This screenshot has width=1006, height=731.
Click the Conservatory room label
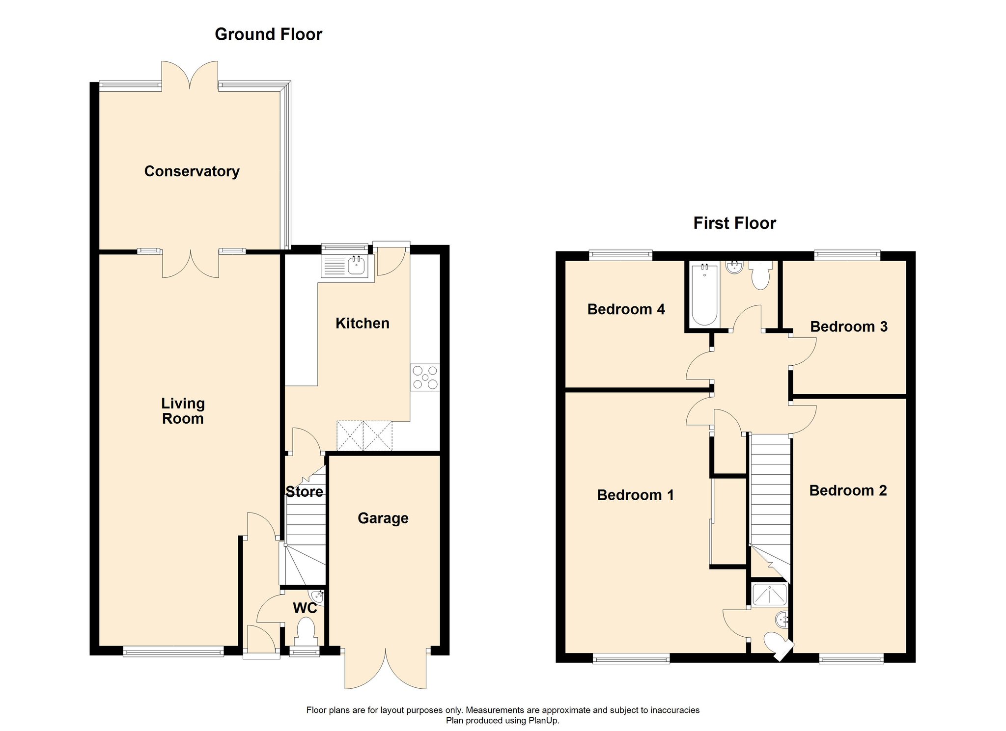192,171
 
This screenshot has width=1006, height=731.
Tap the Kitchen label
363,324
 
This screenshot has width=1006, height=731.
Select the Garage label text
383,518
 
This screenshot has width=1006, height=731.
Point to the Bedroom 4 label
626,309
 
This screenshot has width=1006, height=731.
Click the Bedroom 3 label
849,327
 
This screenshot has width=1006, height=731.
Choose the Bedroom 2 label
848,491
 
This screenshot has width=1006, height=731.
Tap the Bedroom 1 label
636,495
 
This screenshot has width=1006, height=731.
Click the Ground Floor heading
269,34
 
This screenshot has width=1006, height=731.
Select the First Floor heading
735,223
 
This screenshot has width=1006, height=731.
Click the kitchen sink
345,266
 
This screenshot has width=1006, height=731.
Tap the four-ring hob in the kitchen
425,378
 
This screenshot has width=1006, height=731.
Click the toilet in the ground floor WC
306,631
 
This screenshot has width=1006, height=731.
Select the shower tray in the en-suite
769,595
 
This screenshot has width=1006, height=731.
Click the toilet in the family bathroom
760,275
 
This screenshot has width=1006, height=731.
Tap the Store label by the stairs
305,492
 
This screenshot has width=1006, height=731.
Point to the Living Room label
183,411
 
